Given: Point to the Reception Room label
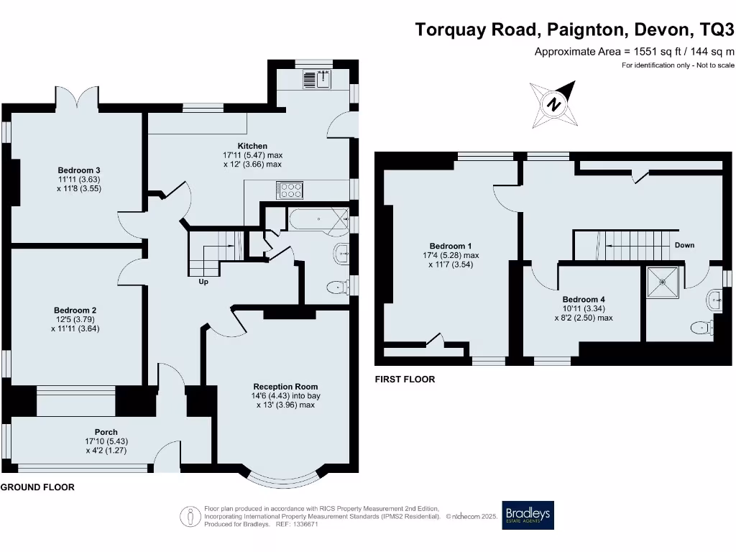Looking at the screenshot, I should pos(286,386).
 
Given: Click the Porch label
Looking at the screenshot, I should pos(106,432).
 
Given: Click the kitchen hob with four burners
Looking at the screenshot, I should pos(290,190).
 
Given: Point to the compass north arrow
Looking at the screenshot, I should pos(554,105).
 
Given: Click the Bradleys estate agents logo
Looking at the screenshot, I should pos(528,515).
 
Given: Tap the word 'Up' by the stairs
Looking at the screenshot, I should pos(203,282).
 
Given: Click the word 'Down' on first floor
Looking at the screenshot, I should pos(684,245).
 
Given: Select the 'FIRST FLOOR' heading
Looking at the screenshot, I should pos(405,379).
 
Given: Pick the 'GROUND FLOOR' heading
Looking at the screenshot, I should pos(37,487).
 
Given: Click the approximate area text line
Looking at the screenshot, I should pos(634,51).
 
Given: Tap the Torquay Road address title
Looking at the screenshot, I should pos(575,29).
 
